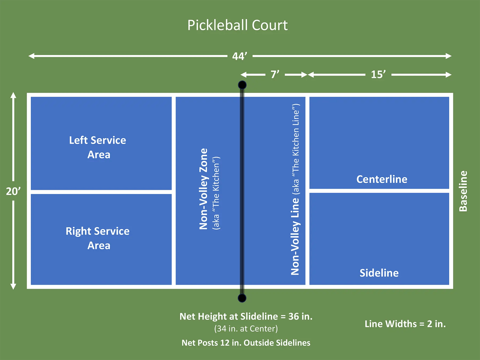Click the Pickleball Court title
[237, 25]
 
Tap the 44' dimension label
[239, 56]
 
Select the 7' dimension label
[275, 75]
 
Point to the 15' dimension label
[378, 75]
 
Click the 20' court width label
[13, 191]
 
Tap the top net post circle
[242, 85]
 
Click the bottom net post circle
[242, 298]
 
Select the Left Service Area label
[98, 147]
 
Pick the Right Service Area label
[98, 238]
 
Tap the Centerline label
[382, 179]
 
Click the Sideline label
[379, 273]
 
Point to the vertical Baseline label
[463, 191]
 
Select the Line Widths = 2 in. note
[405, 324]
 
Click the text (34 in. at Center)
[246, 329]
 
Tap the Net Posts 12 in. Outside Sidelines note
[246, 343]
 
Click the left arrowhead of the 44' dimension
[31, 56]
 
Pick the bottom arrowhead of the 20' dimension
[13, 286]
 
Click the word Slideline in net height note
[259, 317]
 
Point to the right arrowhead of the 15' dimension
[449, 75]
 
